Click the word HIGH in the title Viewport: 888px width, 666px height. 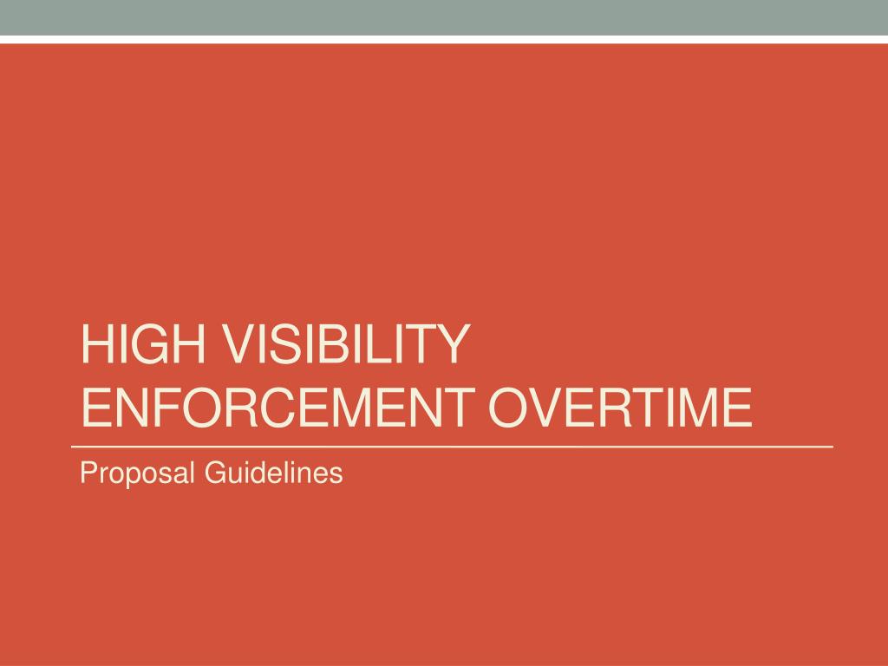(x=143, y=343)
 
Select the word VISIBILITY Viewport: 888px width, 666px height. (x=344, y=343)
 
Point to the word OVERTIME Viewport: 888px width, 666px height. (x=620, y=408)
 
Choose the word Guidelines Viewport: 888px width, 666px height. (x=273, y=473)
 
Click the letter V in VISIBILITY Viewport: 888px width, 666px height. (x=236, y=343)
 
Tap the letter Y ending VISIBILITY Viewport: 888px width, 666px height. (x=452, y=343)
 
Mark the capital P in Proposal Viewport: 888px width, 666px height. (x=88, y=473)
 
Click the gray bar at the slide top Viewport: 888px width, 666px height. (x=444, y=17)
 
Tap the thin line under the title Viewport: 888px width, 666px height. (x=452, y=447)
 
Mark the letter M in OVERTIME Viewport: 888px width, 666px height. (x=693, y=408)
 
